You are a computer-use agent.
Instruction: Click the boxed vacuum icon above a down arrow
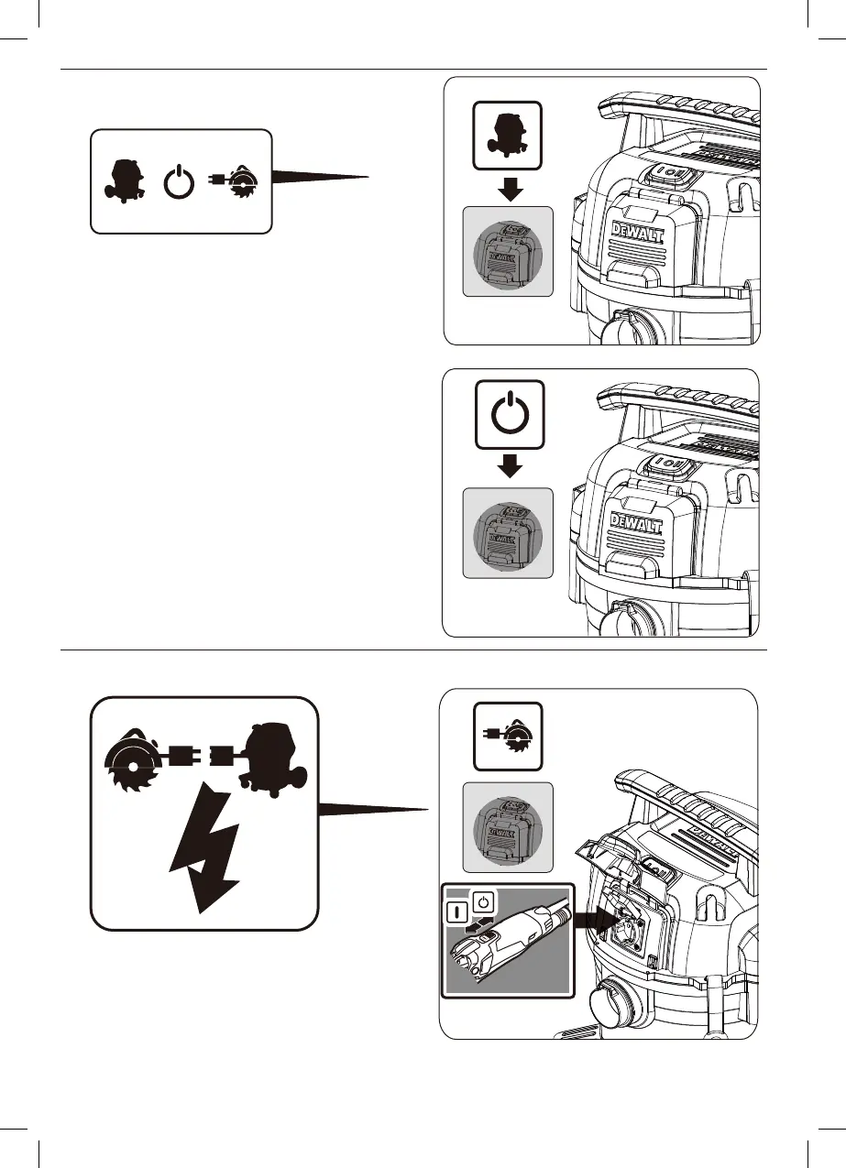(x=508, y=135)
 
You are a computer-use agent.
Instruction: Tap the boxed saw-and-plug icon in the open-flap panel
(x=508, y=736)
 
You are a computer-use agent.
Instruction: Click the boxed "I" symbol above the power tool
(x=456, y=911)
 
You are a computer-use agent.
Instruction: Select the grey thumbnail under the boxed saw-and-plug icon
(x=508, y=827)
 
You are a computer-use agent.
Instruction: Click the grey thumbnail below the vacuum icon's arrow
(x=508, y=252)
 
